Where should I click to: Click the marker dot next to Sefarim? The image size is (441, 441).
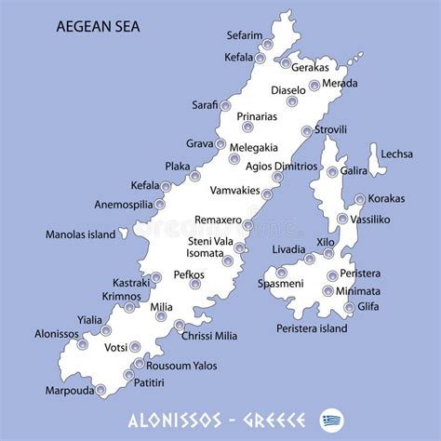coord(268,44)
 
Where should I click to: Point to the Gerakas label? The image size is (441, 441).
coord(310,68)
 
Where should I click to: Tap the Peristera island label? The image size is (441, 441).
coord(312,328)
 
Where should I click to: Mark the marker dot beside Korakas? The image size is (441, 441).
coord(359,199)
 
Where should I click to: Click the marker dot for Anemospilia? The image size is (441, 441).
coord(160,205)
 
